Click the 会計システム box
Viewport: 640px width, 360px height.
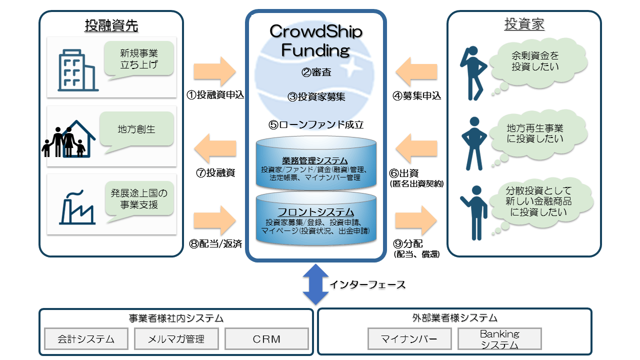point(86,339)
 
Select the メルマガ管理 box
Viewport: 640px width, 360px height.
point(176,339)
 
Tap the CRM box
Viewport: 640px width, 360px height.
point(266,339)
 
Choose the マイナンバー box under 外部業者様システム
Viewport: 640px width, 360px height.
point(409,339)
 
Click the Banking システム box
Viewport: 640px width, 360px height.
point(499,339)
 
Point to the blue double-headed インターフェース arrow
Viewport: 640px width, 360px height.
point(315,284)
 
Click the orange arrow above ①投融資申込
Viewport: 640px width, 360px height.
point(214,71)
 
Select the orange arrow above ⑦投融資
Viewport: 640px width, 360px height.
point(215,148)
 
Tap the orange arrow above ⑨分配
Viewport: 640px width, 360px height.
point(416,220)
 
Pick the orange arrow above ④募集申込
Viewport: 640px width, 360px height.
point(416,71)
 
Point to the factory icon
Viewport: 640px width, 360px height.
point(77,207)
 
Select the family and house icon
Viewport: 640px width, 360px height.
point(69,139)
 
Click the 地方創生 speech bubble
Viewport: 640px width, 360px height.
point(136,130)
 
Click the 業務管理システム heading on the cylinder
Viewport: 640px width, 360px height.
point(315,160)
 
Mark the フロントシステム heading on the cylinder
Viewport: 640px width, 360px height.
point(315,212)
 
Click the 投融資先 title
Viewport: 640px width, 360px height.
point(111,25)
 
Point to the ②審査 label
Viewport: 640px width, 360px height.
point(316,72)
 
